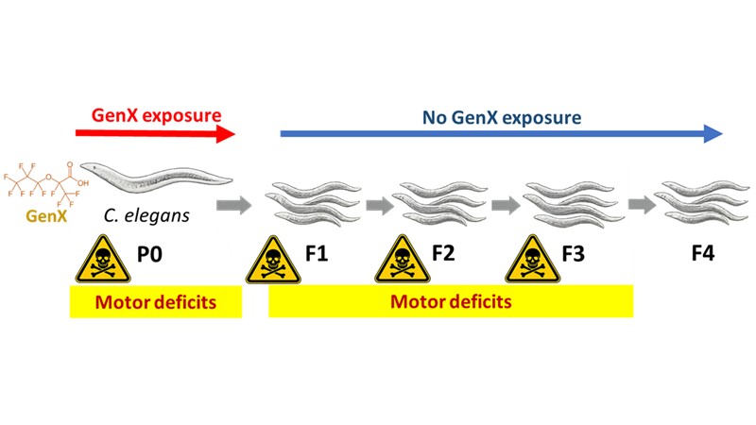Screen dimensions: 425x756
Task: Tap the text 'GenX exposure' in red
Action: point(156,115)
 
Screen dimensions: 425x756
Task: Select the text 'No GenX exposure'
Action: point(501,118)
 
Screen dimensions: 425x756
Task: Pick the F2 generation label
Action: point(445,255)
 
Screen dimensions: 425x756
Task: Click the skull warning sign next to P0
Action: point(98,258)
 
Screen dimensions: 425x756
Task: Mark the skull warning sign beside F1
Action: point(273,258)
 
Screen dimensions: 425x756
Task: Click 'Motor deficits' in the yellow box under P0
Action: point(156,302)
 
